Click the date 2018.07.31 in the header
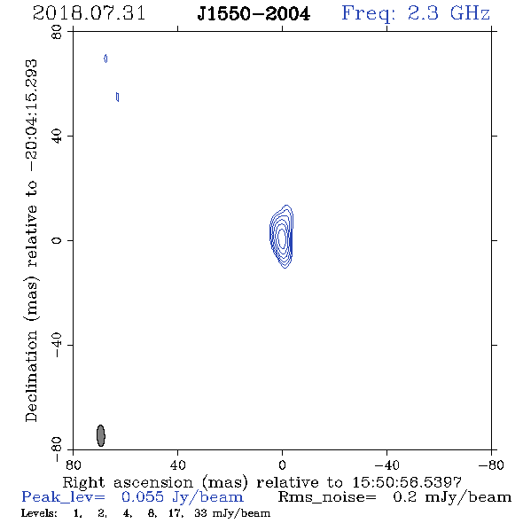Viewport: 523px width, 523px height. (x=89, y=13)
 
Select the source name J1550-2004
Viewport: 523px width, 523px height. (x=254, y=14)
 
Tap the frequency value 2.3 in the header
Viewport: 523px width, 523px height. (x=423, y=13)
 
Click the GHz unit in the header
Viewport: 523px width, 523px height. (x=471, y=13)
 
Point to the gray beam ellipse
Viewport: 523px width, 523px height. (x=101, y=435)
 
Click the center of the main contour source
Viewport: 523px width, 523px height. (x=282, y=237)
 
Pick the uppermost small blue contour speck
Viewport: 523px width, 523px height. (x=105, y=59)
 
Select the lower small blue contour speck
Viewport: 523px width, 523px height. (x=117, y=97)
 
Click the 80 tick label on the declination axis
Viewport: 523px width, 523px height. (x=57, y=32)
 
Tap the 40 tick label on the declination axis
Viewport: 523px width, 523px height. (x=57, y=137)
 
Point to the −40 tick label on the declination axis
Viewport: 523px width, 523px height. (x=57, y=345)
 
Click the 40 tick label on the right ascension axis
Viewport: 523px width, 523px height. (x=177, y=464)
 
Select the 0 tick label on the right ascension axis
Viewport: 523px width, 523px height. (x=282, y=464)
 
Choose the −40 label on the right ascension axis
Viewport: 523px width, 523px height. (x=386, y=464)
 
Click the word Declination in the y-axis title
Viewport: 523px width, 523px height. (x=31, y=376)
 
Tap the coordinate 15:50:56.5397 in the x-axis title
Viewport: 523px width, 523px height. (x=407, y=482)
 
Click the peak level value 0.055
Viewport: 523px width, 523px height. (x=143, y=497)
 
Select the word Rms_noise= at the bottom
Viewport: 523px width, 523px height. (x=327, y=497)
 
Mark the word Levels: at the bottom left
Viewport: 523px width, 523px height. (x=39, y=513)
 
